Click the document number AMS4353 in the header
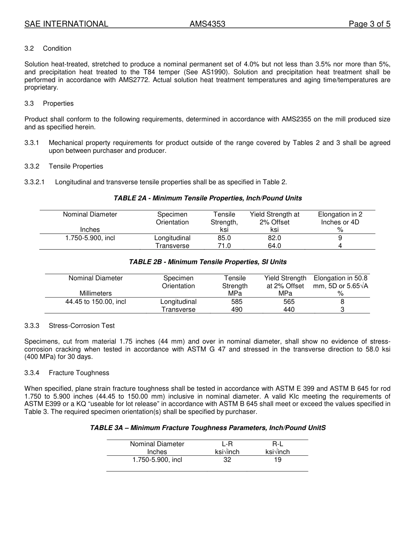point(207,24)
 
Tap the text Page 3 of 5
point(369,24)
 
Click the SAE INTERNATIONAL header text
point(66,24)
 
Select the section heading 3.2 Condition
point(48,48)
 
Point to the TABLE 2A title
point(207,198)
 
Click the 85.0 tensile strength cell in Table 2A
point(224,238)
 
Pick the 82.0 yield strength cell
point(274,238)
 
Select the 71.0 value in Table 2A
point(224,246)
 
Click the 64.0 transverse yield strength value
point(274,246)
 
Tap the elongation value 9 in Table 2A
point(340,238)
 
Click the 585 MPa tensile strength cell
point(237,302)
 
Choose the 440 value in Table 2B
point(289,310)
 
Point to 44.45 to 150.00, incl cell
point(96,302)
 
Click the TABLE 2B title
point(207,262)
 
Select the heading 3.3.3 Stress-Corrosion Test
point(70,326)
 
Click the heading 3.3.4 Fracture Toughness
point(67,373)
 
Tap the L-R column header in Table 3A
point(227,444)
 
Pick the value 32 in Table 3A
point(227,460)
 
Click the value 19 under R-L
point(277,460)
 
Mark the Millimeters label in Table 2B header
point(96,293)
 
